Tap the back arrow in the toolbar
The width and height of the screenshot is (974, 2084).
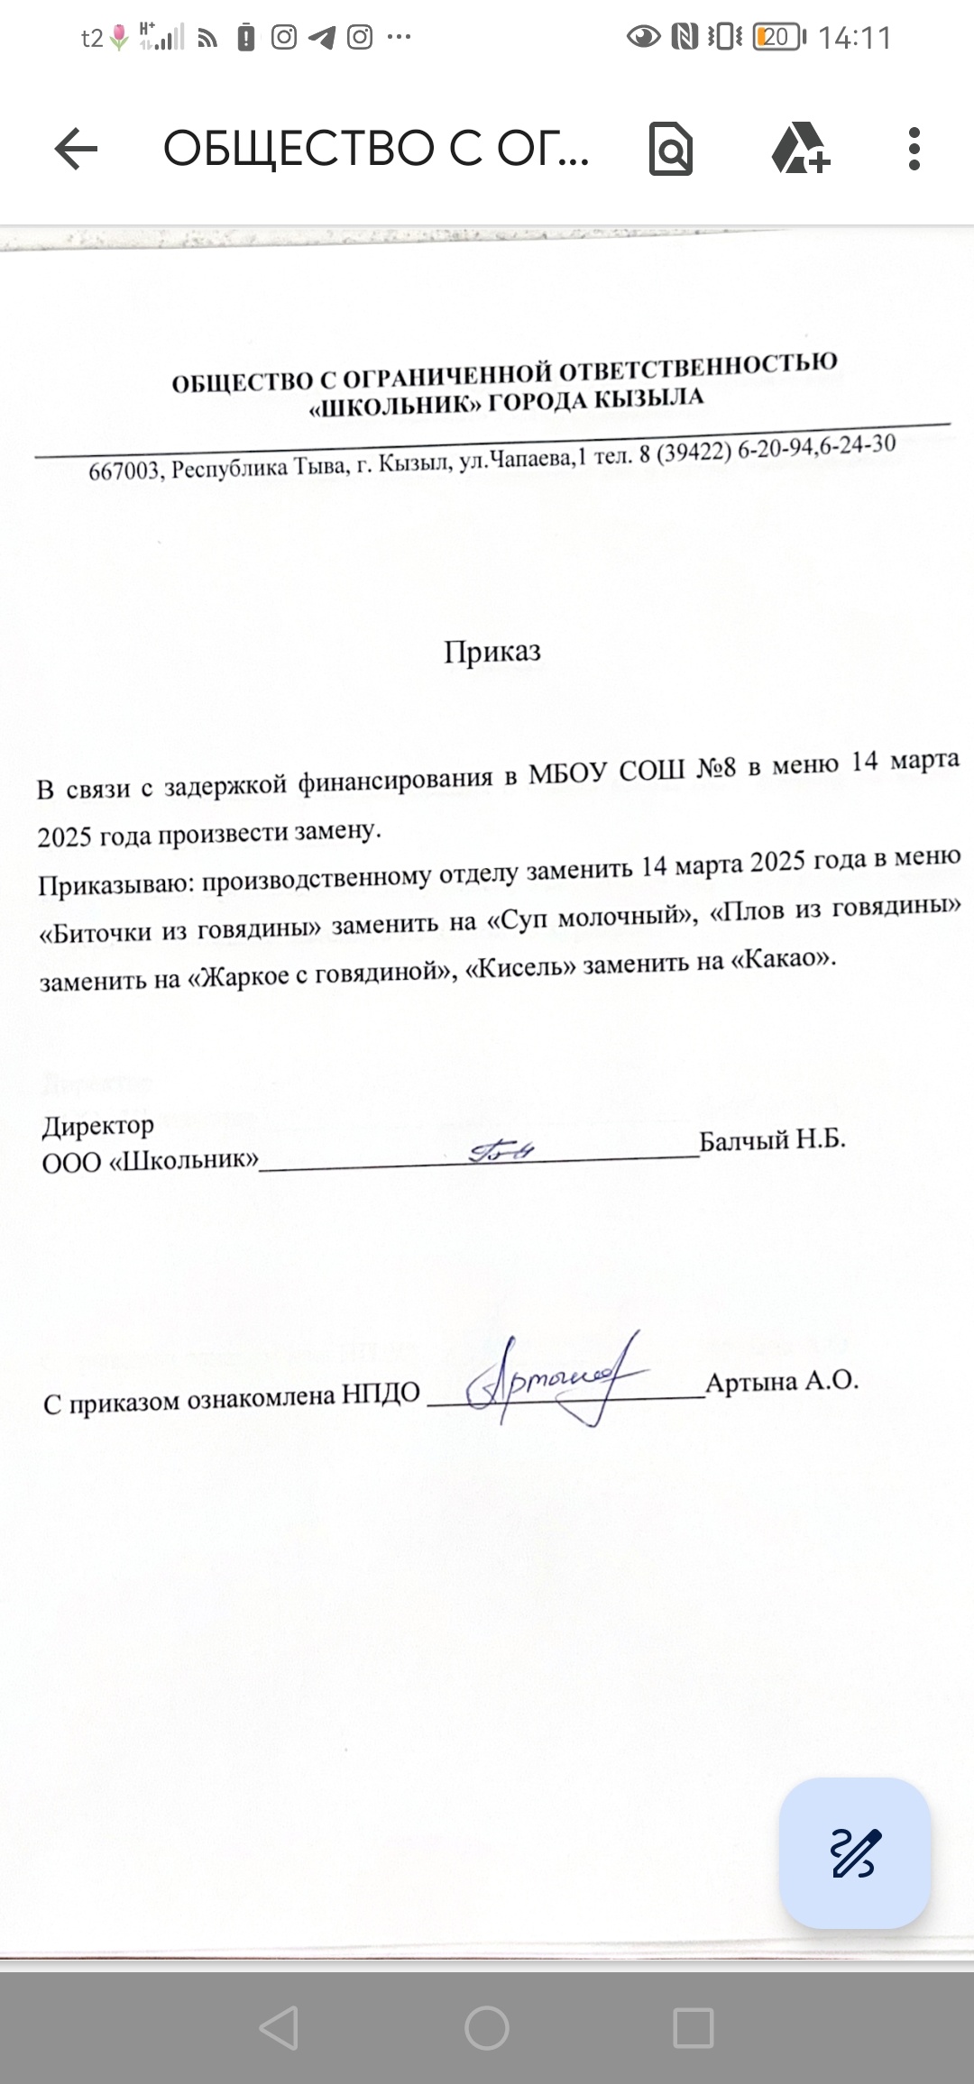tap(76, 149)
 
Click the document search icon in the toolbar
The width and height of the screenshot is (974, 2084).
tap(671, 149)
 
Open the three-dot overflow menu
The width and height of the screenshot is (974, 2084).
tap(914, 149)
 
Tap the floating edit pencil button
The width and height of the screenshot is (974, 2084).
tap(854, 1853)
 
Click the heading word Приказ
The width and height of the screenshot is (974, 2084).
tap(492, 652)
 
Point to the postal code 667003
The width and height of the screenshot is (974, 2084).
tap(124, 471)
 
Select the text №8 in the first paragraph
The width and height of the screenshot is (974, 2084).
tap(717, 769)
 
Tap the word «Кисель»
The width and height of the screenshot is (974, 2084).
tap(525, 966)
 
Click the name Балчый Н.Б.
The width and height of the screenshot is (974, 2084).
tap(773, 1139)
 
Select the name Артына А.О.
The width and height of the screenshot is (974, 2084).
tap(782, 1382)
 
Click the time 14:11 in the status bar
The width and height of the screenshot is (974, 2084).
tap(854, 38)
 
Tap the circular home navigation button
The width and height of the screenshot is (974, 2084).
tap(487, 2028)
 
